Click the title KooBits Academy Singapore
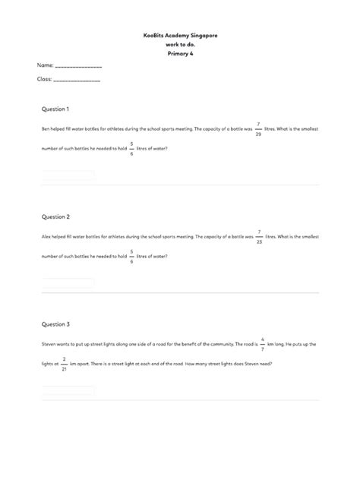[180, 36]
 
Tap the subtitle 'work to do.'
[180, 45]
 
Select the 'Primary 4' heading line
[180, 54]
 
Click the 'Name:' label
[45, 67]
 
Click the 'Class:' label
[45, 79]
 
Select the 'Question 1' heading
[55, 109]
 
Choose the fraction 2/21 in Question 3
[65, 364]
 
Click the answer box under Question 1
[68, 175]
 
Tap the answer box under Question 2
[68, 283]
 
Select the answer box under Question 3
[68, 391]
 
